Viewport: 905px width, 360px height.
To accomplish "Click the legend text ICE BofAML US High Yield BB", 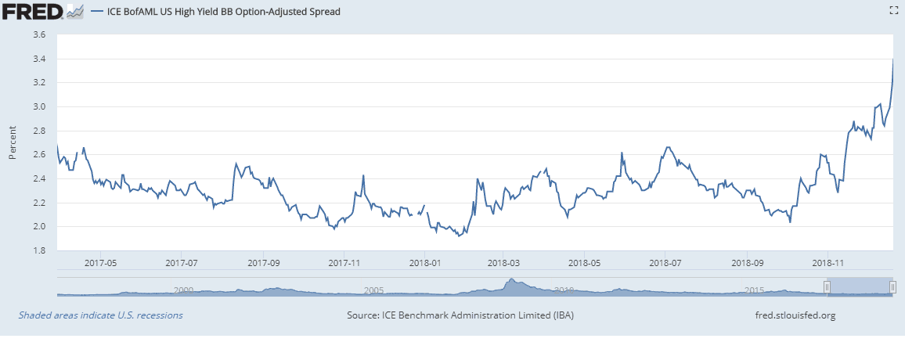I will pos(216,12).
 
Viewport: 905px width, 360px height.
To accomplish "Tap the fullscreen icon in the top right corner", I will pos(892,10).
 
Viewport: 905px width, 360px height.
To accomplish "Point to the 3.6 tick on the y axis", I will pos(39,35).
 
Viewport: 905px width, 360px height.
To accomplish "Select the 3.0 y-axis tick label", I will pos(39,107).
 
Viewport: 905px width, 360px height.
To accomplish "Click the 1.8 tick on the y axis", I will pos(39,251).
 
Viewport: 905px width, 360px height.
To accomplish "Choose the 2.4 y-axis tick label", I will pos(39,179).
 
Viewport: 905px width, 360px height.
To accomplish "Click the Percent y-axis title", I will pos(13,142).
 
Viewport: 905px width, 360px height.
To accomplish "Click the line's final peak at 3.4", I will pos(893,59).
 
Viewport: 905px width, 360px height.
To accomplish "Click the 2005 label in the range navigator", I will pos(373,290).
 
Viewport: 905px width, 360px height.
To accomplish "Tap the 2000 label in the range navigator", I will pos(182,290).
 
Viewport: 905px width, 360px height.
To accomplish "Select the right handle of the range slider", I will pos(892,287).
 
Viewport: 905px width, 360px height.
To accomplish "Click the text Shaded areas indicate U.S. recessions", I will pos(100,315).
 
